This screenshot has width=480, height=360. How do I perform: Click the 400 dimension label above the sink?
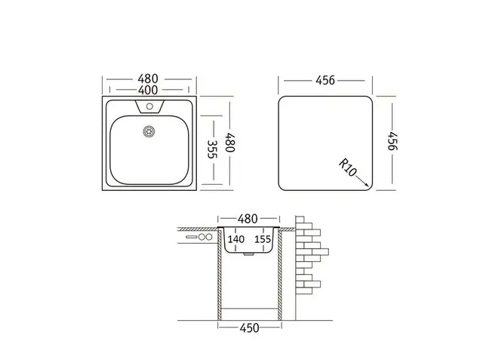click(x=148, y=91)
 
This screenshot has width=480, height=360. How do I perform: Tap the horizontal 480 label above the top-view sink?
click(x=148, y=79)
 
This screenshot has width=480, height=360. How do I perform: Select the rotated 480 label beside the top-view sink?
click(x=229, y=143)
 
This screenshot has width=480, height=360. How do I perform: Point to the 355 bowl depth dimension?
click(x=212, y=149)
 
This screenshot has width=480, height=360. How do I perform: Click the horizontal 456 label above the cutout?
click(x=325, y=81)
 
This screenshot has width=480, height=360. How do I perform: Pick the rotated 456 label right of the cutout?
click(x=392, y=141)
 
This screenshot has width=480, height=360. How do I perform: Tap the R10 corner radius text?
click(x=348, y=167)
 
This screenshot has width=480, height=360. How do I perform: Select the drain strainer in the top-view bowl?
click(x=149, y=131)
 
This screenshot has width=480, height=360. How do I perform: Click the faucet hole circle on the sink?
click(x=149, y=106)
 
